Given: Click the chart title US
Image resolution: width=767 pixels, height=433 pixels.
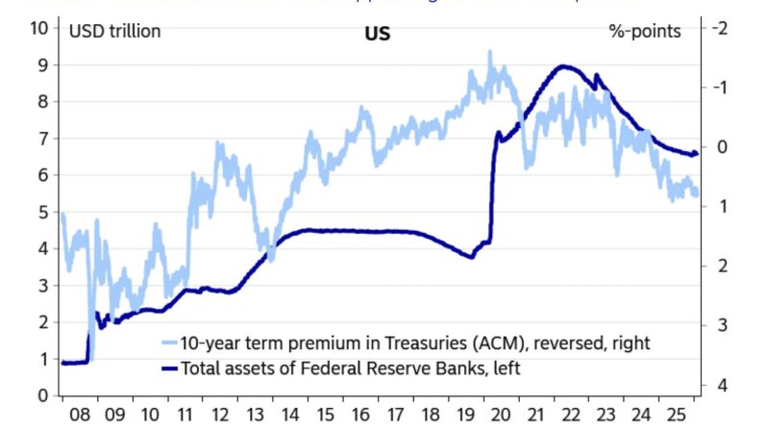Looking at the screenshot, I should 377,32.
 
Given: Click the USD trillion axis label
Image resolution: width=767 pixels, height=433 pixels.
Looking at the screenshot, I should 115,31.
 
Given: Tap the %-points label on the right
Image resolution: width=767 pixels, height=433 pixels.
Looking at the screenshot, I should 645,31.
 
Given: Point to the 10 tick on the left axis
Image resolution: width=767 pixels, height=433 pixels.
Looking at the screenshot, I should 39,28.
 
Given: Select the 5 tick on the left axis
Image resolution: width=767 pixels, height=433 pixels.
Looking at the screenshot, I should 42,212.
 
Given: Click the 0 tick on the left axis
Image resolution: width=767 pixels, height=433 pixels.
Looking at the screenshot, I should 42,395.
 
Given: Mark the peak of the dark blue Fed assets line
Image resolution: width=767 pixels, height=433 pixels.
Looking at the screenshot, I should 564,66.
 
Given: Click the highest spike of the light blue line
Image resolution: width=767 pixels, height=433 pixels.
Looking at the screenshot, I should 489,52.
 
